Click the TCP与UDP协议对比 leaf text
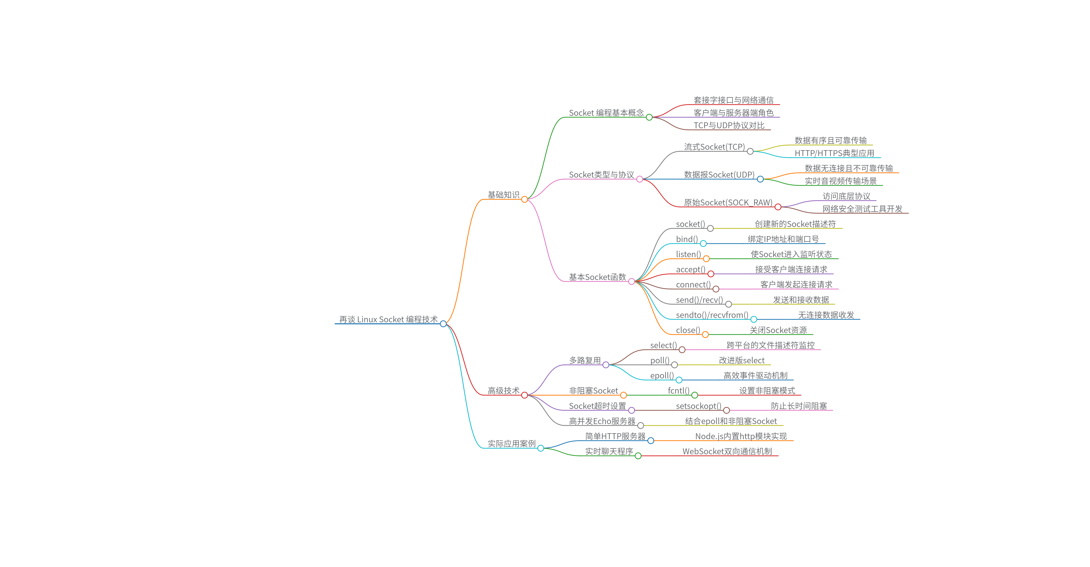pyautogui.click(x=729, y=125)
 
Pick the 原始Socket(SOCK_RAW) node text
pyautogui.click(x=728, y=202)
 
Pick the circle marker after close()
pyautogui.click(x=705, y=335)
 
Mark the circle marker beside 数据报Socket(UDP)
pyautogui.click(x=760, y=179)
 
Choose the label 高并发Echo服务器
pyautogui.click(x=602, y=421)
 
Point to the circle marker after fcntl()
pyautogui.click(x=694, y=395)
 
